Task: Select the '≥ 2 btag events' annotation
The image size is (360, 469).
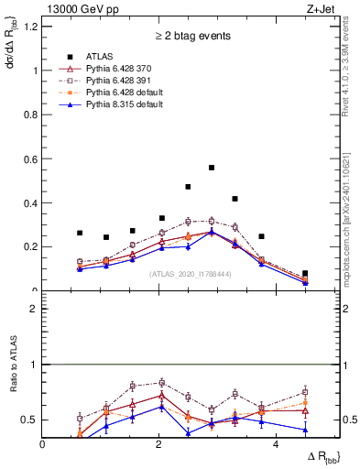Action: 191,37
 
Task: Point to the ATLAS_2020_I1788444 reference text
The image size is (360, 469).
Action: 191,274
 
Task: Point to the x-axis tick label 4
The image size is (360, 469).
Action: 276,445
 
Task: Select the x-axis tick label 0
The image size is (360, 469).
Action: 43,445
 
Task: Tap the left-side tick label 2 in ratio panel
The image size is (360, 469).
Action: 35,309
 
